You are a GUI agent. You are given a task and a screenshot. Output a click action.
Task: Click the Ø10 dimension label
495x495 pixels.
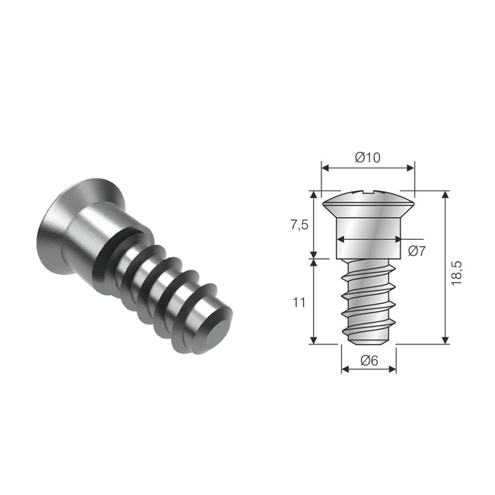(x=368, y=158)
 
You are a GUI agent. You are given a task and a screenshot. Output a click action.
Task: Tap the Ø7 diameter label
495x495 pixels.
(x=417, y=251)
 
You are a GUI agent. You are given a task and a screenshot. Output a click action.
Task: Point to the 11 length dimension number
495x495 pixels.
(x=299, y=302)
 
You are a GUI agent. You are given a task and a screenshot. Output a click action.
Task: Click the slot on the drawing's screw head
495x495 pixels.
(x=368, y=194)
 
